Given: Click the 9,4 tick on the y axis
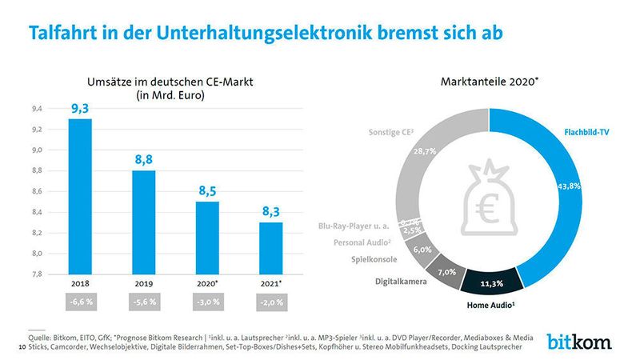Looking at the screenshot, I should coord(36,108).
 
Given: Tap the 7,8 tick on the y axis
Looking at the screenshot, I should coord(36,274).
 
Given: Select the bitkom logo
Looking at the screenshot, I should coord(580,342).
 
